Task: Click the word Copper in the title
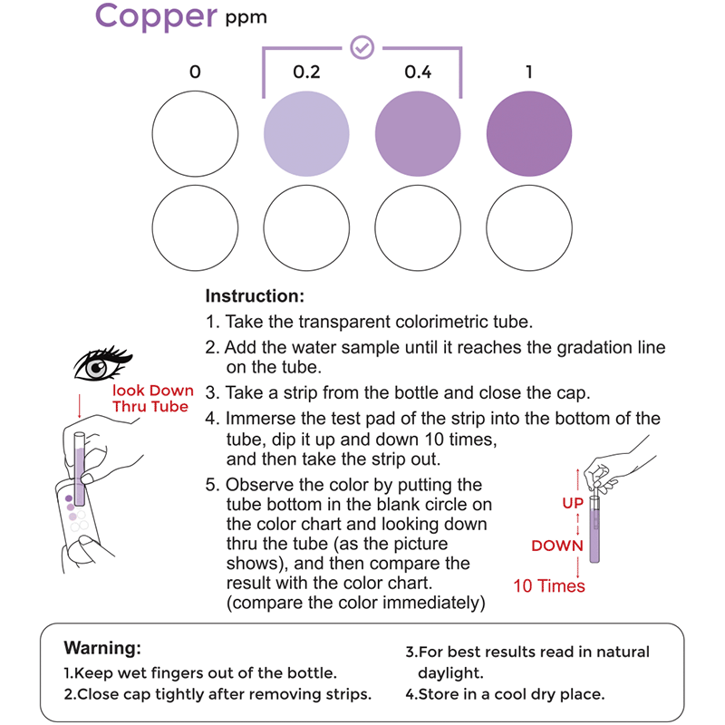156,16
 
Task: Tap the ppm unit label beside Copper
246,16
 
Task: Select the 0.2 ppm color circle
306,134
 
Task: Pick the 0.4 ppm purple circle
418,134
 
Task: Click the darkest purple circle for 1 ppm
529,134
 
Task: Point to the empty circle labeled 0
195,134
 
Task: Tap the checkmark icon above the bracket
362,47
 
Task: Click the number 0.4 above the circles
418,72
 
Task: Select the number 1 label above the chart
529,72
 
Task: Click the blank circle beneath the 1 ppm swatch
529,226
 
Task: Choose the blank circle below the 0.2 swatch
306,226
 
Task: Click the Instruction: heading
255,296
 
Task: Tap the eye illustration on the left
100,362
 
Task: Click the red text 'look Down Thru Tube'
152,399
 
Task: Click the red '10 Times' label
549,585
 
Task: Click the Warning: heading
102,649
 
